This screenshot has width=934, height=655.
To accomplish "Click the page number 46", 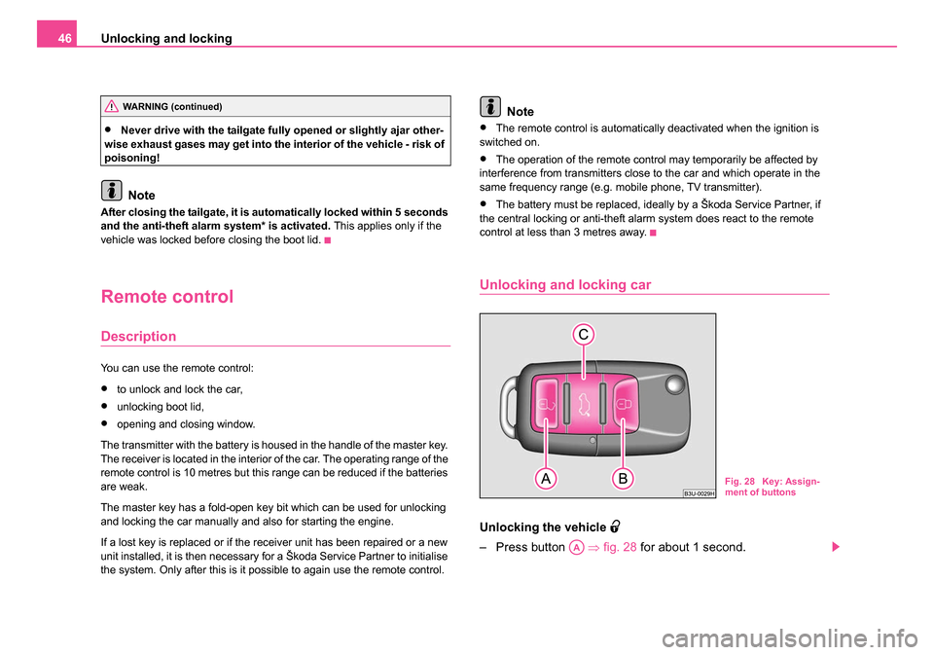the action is tap(64, 39).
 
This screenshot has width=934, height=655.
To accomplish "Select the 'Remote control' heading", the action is tap(166, 296).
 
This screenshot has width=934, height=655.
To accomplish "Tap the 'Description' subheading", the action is tap(138, 336).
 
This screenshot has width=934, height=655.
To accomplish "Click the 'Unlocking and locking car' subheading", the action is tap(564, 285).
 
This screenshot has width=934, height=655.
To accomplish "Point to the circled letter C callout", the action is tap(583, 335).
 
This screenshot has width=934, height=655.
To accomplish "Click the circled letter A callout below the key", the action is tap(546, 479).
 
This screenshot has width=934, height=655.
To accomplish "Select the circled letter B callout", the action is tap(623, 479).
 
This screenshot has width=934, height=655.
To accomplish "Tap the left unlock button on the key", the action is tap(547, 404).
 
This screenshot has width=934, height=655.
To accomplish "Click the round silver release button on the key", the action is tap(675, 385).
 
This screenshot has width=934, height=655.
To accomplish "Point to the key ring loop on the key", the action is tap(509, 408).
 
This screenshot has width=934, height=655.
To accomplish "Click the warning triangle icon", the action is tap(111, 107).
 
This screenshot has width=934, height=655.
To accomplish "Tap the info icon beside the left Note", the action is tap(111, 190).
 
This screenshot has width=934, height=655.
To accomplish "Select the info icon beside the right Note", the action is tap(490, 107).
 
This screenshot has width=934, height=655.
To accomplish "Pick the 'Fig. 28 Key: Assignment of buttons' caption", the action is tap(772, 487).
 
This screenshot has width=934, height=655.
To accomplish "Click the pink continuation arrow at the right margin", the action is tap(836, 547).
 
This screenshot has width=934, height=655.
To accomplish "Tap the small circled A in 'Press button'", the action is tap(576, 547).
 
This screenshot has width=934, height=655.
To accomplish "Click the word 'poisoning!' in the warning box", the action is tap(132, 158).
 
